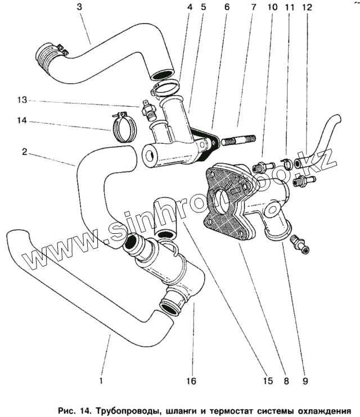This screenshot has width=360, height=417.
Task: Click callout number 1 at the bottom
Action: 101,380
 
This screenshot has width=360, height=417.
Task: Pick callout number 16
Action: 191,380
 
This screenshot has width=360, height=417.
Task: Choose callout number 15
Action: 267,380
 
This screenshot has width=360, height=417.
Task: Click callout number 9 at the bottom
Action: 305,380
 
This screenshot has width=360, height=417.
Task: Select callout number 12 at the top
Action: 306,8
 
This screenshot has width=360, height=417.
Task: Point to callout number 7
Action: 253,8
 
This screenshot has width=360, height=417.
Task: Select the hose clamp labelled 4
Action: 165,88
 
